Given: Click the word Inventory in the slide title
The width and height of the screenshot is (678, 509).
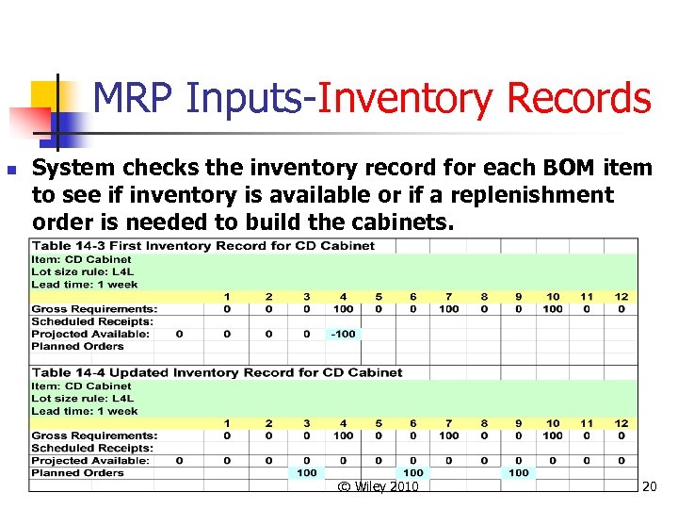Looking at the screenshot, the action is pos(405,99).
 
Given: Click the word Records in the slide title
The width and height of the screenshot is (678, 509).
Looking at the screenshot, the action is pos(577,99).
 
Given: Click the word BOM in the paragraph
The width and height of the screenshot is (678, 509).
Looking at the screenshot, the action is pos(566,169).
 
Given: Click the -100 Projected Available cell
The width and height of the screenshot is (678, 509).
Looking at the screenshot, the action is pos(343,334).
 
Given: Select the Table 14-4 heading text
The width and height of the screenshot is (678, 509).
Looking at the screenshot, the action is pos(216,373).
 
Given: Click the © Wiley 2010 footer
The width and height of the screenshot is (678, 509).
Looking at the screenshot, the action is pos(378,486).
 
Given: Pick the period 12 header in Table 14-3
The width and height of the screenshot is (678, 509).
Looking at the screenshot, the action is pos(621,296).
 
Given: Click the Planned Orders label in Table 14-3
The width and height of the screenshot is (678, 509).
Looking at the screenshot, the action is pos(77,346).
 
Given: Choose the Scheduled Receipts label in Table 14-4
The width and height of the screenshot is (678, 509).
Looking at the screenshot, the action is pos(92,448).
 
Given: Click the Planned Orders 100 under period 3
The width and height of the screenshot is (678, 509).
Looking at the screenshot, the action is pos(307,472).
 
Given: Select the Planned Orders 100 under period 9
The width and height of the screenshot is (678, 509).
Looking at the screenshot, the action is pos(519,472).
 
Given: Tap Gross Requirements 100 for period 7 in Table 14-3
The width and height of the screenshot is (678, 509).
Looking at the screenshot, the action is pos(449,308).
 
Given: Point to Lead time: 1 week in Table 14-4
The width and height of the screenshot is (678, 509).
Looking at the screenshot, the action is pos(84,411).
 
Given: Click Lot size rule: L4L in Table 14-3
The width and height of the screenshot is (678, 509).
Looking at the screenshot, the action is pos(84,271).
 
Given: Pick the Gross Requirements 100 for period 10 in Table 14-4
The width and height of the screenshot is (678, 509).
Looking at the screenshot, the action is pos(553,435).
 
